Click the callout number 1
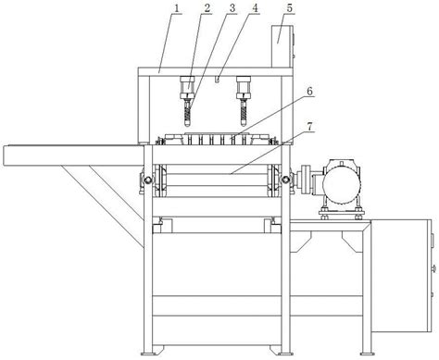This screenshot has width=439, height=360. click(x=177, y=8)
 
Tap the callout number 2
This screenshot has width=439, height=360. click(x=207, y=8)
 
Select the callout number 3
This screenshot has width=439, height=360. click(x=232, y=8)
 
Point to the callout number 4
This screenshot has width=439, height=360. click(x=255, y=8)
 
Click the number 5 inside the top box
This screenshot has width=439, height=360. click(x=289, y=8)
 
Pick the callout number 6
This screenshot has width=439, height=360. click(x=309, y=92)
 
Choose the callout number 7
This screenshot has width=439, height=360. click(x=309, y=126)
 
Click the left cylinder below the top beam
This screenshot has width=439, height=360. click(x=187, y=87)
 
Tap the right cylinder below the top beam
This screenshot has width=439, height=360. click(x=244, y=87)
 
